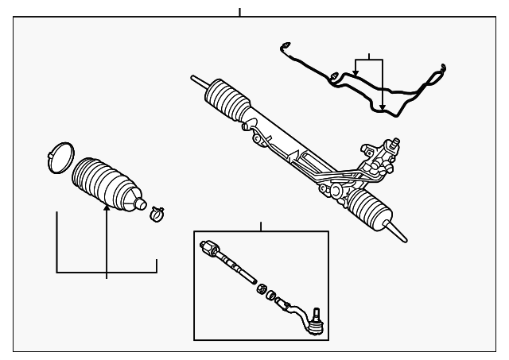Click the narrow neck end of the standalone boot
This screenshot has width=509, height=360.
141,203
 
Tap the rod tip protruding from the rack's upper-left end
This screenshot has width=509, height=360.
196,79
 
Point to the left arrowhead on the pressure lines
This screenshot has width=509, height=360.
356,74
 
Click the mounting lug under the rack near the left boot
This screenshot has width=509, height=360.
257,141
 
